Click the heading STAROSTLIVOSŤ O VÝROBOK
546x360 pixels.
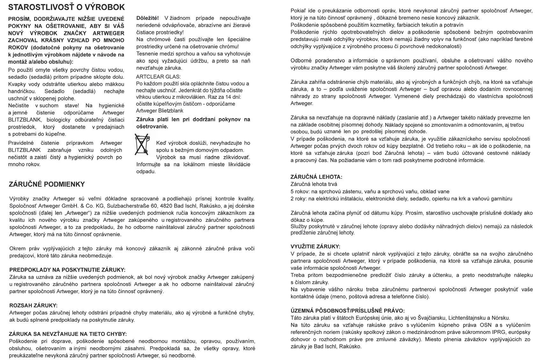[x=66, y=7]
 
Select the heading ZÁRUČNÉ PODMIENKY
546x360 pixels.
[x=47, y=184]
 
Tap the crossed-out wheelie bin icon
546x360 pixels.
[x=142, y=144]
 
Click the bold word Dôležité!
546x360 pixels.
[x=148, y=18]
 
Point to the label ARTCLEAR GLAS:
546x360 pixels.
[x=158, y=77]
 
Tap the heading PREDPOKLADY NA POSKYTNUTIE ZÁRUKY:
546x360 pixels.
[x=67, y=270]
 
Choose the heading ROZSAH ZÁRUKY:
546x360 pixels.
[x=33, y=305]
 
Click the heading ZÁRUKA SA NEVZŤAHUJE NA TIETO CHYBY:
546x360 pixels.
[x=68, y=334]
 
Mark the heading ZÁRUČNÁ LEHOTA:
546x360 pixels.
[x=316, y=177]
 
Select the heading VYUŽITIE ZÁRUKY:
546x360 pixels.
[x=315, y=246]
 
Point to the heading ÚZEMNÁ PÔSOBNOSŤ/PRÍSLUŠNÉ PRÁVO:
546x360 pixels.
[x=347, y=311]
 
